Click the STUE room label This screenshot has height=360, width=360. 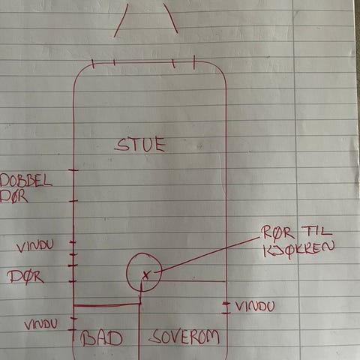(x=140, y=145)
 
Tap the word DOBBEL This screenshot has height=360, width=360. (x=26, y=181)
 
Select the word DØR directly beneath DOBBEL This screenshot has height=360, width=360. (x=13, y=196)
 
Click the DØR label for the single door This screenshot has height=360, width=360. (x=25, y=277)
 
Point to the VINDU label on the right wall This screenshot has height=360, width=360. (x=255, y=306)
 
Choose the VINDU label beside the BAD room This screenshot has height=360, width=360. (x=40, y=325)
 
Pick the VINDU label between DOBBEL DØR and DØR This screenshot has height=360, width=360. (x=35, y=246)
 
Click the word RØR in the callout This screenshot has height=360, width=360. (x=277, y=233)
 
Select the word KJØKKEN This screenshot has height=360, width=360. (x=298, y=249)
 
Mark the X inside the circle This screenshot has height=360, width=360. (x=145, y=275)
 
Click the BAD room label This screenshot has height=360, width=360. (x=101, y=338)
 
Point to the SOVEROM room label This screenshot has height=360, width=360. (x=184, y=337)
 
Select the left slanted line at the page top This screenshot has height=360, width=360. (x=121, y=20)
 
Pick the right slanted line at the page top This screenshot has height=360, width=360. (x=170, y=19)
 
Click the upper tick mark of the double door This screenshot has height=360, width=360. (x=73, y=170)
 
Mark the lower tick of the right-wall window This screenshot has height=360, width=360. (x=226, y=313)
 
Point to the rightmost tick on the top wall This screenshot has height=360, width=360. (x=194, y=62)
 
